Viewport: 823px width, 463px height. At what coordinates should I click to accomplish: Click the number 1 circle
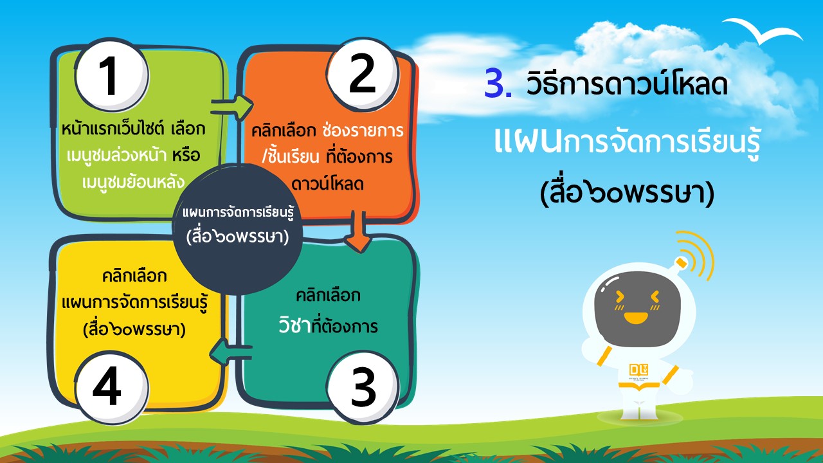(x=112, y=75)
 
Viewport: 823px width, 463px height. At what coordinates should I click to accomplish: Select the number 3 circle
(x=362, y=388)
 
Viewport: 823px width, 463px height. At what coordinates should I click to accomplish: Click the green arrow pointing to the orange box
(x=232, y=107)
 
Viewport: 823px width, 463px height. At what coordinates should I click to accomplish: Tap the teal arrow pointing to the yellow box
(x=231, y=352)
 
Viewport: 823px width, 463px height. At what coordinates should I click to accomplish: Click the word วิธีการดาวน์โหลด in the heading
(x=627, y=83)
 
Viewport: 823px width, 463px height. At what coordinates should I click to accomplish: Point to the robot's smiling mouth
(x=636, y=318)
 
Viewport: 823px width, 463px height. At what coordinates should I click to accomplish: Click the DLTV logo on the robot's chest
(x=638, y=370)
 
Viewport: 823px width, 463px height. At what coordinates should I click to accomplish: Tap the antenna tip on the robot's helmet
(x=682, y=262)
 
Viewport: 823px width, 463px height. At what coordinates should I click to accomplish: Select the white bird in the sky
(x=762, y=30)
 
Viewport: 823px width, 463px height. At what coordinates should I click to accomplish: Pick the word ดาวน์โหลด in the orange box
(x=327, y=183)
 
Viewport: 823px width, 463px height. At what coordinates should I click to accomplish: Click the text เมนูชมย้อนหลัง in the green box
(x=133, y=181)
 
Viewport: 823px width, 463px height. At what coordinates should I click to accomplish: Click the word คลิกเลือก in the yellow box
(x=134, y=276)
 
